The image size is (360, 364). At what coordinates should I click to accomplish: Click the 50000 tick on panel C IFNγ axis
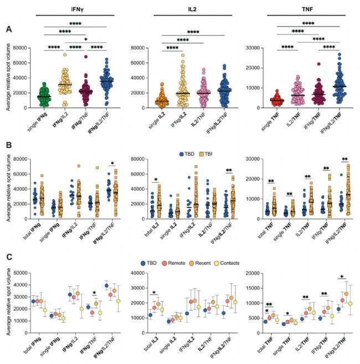20,273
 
